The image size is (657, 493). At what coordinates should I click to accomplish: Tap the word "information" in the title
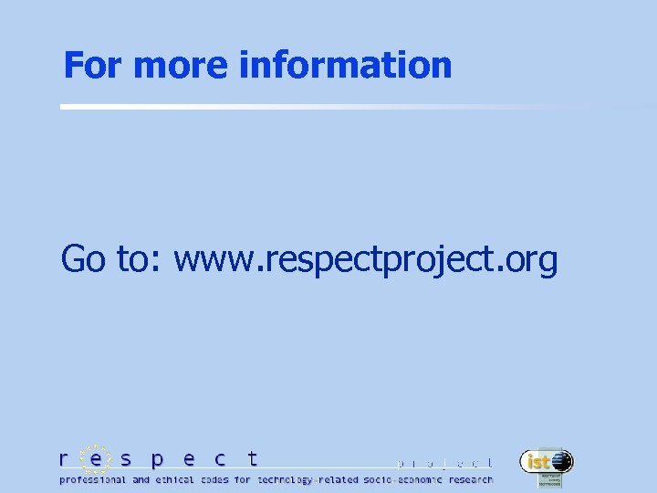(x=345, y=65)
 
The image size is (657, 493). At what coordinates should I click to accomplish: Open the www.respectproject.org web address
(x=365, y=261)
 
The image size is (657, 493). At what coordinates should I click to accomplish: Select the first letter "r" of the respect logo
(x=63, y=459)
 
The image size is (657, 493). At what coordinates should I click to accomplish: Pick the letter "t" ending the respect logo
(x=253, y=458)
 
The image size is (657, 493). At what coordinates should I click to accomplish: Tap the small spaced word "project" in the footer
(x=446, y=464)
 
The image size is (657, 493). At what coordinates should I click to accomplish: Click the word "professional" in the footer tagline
(x=92, y=479)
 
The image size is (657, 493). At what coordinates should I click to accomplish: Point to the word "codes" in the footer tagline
(x=215, y=479)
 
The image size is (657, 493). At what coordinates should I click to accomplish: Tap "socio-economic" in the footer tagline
(x=402, y=479)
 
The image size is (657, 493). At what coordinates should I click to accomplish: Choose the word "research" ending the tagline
(x=471, y=479)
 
